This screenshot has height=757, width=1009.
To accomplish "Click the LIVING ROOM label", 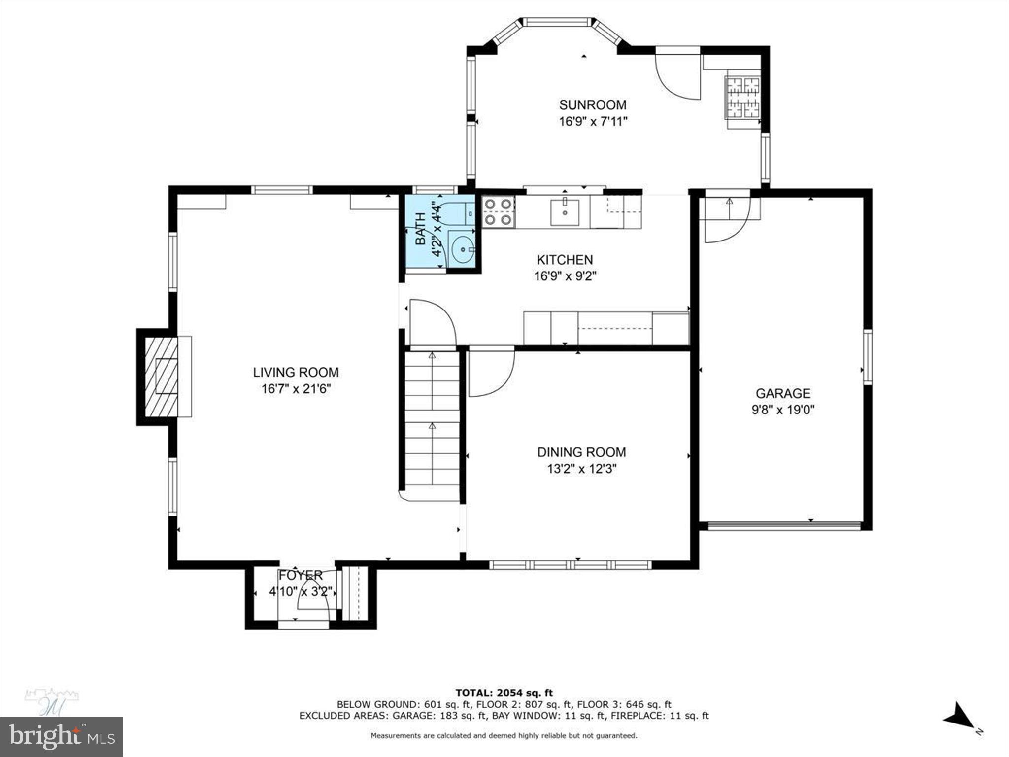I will pyautogui.click(x=296, y=372).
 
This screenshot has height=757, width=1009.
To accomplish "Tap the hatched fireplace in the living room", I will pyautogui.click(x=161, y=377).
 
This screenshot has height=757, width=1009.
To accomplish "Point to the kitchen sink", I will pyautogui.click(x=565, y=212).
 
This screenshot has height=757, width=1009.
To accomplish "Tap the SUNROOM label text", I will pyautogui.click(x=593, y=104).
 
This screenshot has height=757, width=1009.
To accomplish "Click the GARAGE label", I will pyautogui.click(x=783, y=393).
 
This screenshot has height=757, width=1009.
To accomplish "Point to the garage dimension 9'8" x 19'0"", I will pyautogui.click(x=783, y=410).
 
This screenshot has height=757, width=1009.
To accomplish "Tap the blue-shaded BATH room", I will pyautogui.click(x=424, y=234).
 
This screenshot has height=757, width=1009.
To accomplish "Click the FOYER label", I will pyautogui.click(x=301, y=575).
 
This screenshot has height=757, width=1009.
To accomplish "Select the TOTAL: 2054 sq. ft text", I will pyautogui.click(x=504, y=693).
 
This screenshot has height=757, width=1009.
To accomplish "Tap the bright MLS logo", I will pyautogui.click(x=62, y=736).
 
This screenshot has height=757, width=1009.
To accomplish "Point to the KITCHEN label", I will pyautogui.click(x=565, y=260).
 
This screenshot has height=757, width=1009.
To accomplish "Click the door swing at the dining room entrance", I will pyautogui.click(x=490, y=374).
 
